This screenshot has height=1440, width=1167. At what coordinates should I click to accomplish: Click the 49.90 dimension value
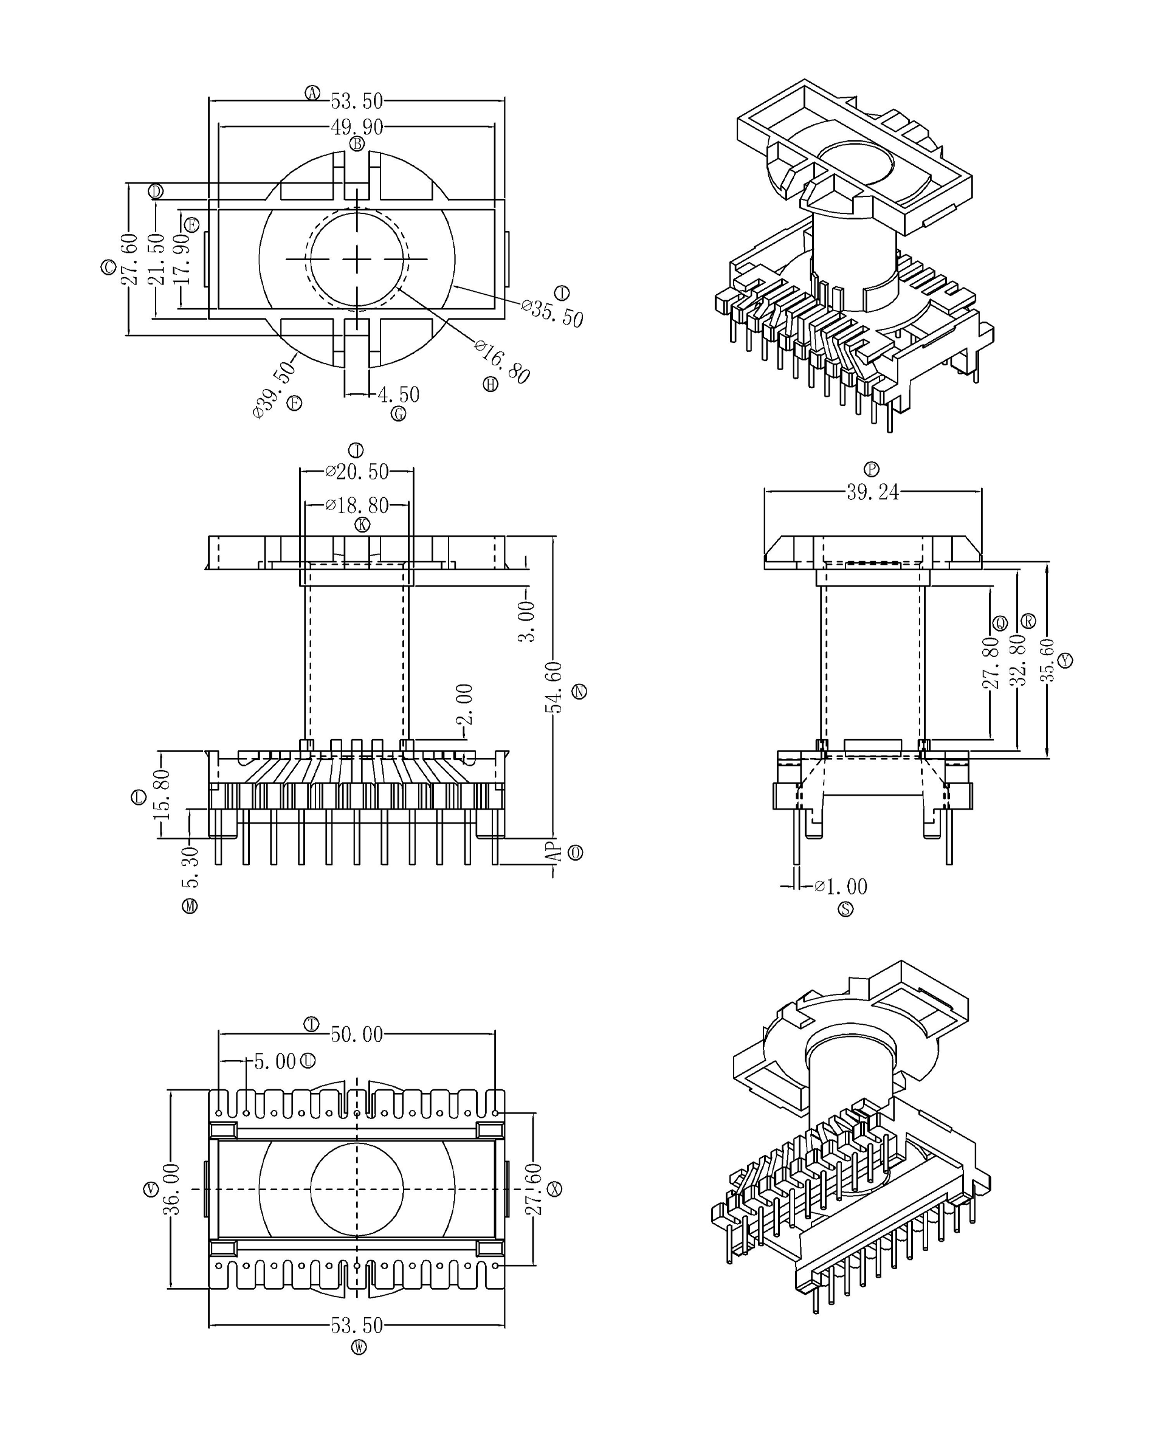(356, 126)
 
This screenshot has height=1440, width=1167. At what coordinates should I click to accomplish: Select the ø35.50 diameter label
(553, 313)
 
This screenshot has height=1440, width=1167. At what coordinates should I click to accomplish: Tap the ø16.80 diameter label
(502, 362)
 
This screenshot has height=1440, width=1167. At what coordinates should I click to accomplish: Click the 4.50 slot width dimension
(399, 394)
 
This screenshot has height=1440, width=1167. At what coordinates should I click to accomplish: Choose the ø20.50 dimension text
(357, 471)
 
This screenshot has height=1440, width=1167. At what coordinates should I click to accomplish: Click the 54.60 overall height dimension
(553, 687)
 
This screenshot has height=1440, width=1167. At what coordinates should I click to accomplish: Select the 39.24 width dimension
(873, 492)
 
